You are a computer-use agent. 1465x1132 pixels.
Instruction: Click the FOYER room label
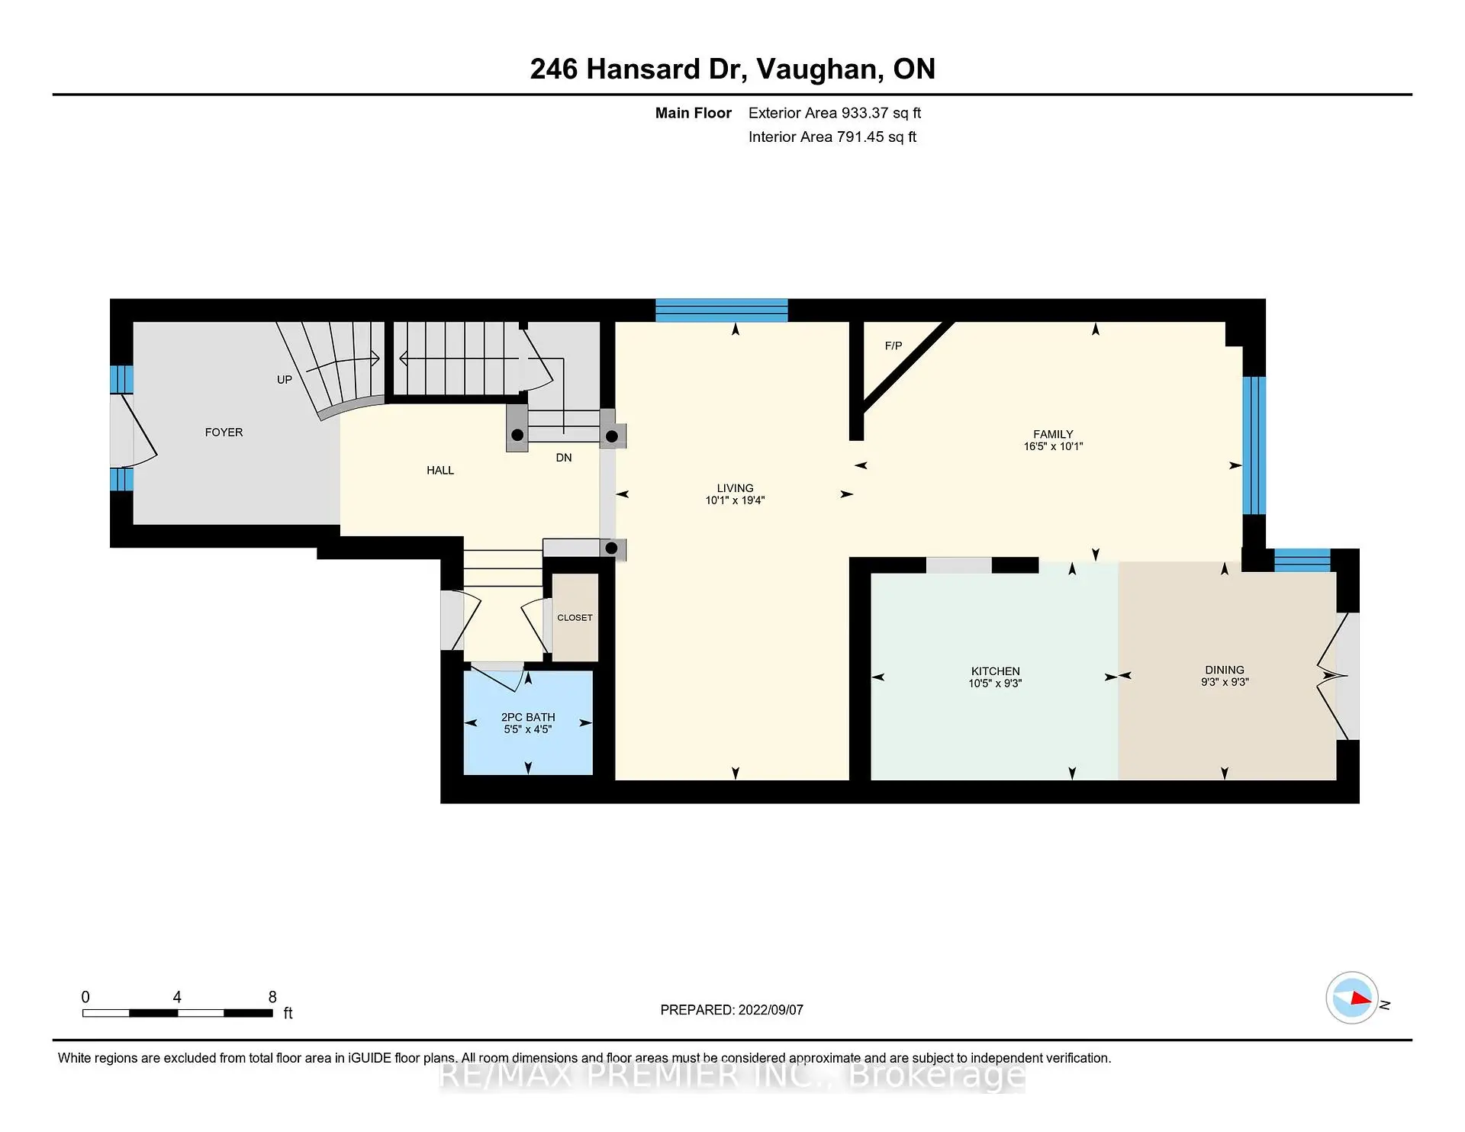click(224, 432)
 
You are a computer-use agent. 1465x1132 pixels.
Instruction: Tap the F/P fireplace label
click(893, 346)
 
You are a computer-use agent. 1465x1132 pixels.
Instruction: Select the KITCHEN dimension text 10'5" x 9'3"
click(995, 683)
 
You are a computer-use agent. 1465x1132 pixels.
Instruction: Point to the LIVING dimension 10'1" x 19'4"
click(735, 500)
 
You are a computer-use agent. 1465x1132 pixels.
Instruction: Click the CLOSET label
click(575, 617)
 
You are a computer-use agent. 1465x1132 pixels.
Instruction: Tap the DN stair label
click(563, 458)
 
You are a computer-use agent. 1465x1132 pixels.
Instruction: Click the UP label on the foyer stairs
click(284, 379)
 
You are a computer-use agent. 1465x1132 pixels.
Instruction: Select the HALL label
click(440, 470)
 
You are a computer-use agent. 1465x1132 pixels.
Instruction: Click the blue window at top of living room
click(721, 310)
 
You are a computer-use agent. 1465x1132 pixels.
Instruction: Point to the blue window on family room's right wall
click(1254, 445)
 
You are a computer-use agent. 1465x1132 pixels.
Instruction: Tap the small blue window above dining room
click(1302, 560)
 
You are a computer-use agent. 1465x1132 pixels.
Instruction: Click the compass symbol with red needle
click(1352, 998)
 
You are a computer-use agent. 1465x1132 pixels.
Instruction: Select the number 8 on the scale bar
click(272, 997)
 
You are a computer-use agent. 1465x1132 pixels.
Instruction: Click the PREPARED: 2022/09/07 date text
click(731, 1009)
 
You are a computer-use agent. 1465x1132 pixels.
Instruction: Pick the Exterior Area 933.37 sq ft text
click(834, 113)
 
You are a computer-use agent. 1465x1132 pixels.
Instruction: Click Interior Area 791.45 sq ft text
click(832, 137)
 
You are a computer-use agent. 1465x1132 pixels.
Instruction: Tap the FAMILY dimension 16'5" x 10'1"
click(1053, 446)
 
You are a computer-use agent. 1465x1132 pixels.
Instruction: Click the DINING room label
click(1224, 669)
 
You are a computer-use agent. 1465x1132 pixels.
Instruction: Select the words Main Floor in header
click(693, 113)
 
